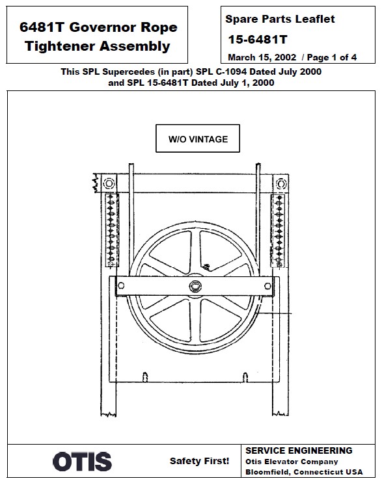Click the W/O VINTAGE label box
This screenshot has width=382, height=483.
(x=198, y=139)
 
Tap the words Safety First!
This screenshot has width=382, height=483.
(x=199, y=461)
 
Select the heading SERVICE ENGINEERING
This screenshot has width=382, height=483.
(x=299, y=450)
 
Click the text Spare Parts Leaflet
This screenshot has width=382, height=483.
(x=280, y=20)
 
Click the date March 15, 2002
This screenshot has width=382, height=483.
(x=262, y=57)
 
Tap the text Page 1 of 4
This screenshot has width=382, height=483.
(x=332, y=57)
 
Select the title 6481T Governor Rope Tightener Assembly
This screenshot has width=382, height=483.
(x=98, y=36)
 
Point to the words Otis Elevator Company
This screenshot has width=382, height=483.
(x=292, y=462)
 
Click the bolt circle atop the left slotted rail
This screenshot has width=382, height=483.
(x=108, y=181)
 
